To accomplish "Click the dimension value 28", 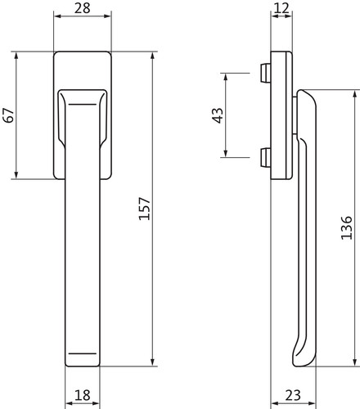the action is (x=83, y=8).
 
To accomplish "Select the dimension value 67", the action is (x=8, y=115).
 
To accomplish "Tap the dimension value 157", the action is (x=145, y=209).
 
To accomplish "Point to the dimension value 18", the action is (x=83, y=395).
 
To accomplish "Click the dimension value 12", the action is (x=281, y=8).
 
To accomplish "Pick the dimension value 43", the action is (x=218, y=115).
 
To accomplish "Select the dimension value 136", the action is (x=347, y=228).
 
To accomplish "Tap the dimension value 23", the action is (x=293, y=395).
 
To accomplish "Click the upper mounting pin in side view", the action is (x=264, y=73).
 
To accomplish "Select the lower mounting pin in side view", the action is (x=264, y=157).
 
